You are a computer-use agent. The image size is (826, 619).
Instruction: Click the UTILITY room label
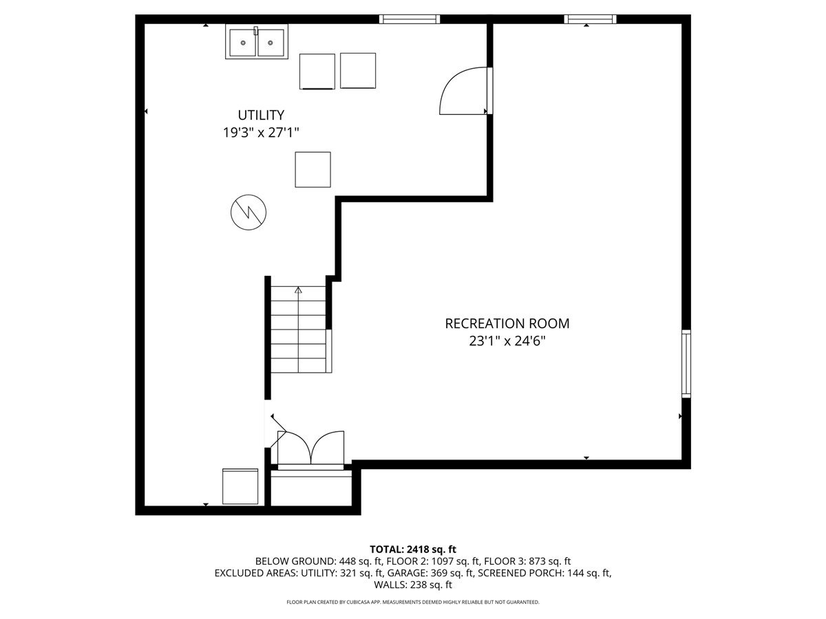261,115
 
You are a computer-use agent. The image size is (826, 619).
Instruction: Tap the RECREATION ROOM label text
507,323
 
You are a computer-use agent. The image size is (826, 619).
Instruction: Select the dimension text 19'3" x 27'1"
261,132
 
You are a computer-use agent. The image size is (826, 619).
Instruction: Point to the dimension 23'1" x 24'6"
507,341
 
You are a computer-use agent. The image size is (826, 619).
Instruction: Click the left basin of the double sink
243,43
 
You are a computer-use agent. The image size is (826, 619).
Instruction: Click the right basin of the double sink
271,43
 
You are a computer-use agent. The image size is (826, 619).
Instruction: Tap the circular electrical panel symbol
248,213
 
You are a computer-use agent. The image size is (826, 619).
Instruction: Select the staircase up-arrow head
299,290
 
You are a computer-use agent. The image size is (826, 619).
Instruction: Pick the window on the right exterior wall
686,363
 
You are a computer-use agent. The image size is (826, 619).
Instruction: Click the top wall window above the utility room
409,19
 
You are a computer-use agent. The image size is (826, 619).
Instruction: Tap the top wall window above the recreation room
590,19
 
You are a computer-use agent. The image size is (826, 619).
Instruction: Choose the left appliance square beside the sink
317,72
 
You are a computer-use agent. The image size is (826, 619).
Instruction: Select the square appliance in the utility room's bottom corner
240,486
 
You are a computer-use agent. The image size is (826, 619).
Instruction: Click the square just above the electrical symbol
313,169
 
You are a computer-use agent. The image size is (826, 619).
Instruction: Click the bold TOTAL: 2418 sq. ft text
413,550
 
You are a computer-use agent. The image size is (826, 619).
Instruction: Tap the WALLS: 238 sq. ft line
413,585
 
